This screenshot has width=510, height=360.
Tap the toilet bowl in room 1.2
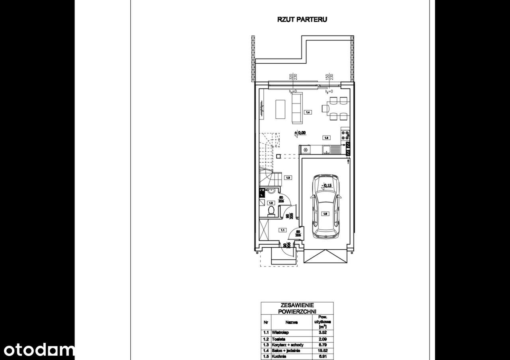[x=271, y=211]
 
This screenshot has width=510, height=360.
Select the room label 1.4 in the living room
[x=308, y=112]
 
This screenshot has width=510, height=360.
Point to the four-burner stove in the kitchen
[x=345, y=135]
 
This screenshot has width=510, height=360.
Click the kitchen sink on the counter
[x=326, y=150]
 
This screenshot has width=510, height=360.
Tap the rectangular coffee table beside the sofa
[x=280, y=109]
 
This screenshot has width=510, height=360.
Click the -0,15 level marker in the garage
[x=327, y=185]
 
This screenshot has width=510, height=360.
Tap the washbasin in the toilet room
[x=271, y=192]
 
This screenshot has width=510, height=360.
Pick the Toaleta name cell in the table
[x=278, y=338]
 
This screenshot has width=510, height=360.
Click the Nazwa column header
[x=289, y=323]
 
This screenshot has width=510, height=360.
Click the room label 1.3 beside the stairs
[x=287, y=178]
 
